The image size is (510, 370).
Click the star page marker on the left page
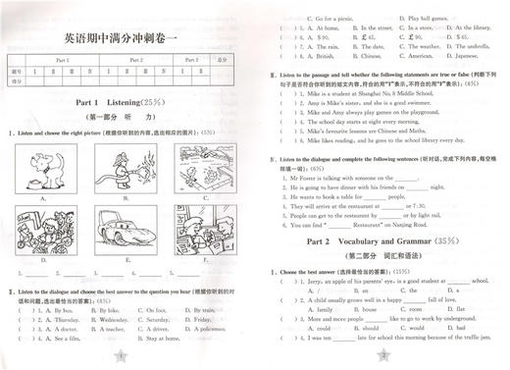click(121, 354)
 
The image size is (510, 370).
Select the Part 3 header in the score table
click(193, 61)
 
